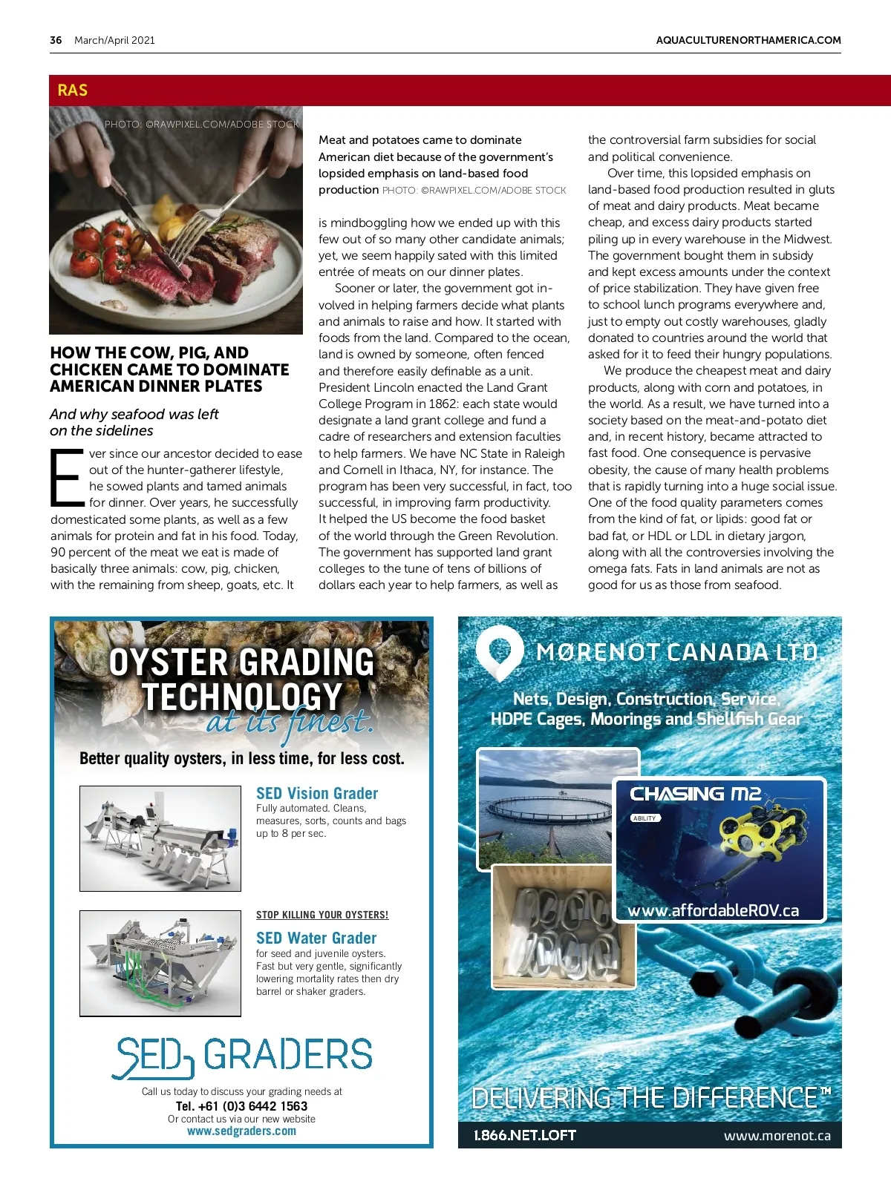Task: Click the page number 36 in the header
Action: tap(56, 40)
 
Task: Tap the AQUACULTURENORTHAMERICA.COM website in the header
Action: tap(748, 40)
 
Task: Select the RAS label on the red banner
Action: tap(72, 91)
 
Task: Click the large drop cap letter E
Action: tap(66, 478)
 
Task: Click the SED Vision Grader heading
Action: tap(317, 793)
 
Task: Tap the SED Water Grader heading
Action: tap(316, 938)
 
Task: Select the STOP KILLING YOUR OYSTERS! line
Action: tap(322, 915)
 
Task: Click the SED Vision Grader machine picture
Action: tap(160, 838)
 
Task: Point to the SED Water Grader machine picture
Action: tap(160, 963)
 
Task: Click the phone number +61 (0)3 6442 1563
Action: tap(241, 1105)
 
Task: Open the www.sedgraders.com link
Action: tap(241, 1131)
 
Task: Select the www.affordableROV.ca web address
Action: tap(714, 910)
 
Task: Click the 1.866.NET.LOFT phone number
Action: tap(525, 1135)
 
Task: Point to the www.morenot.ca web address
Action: tap(777, 1136)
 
